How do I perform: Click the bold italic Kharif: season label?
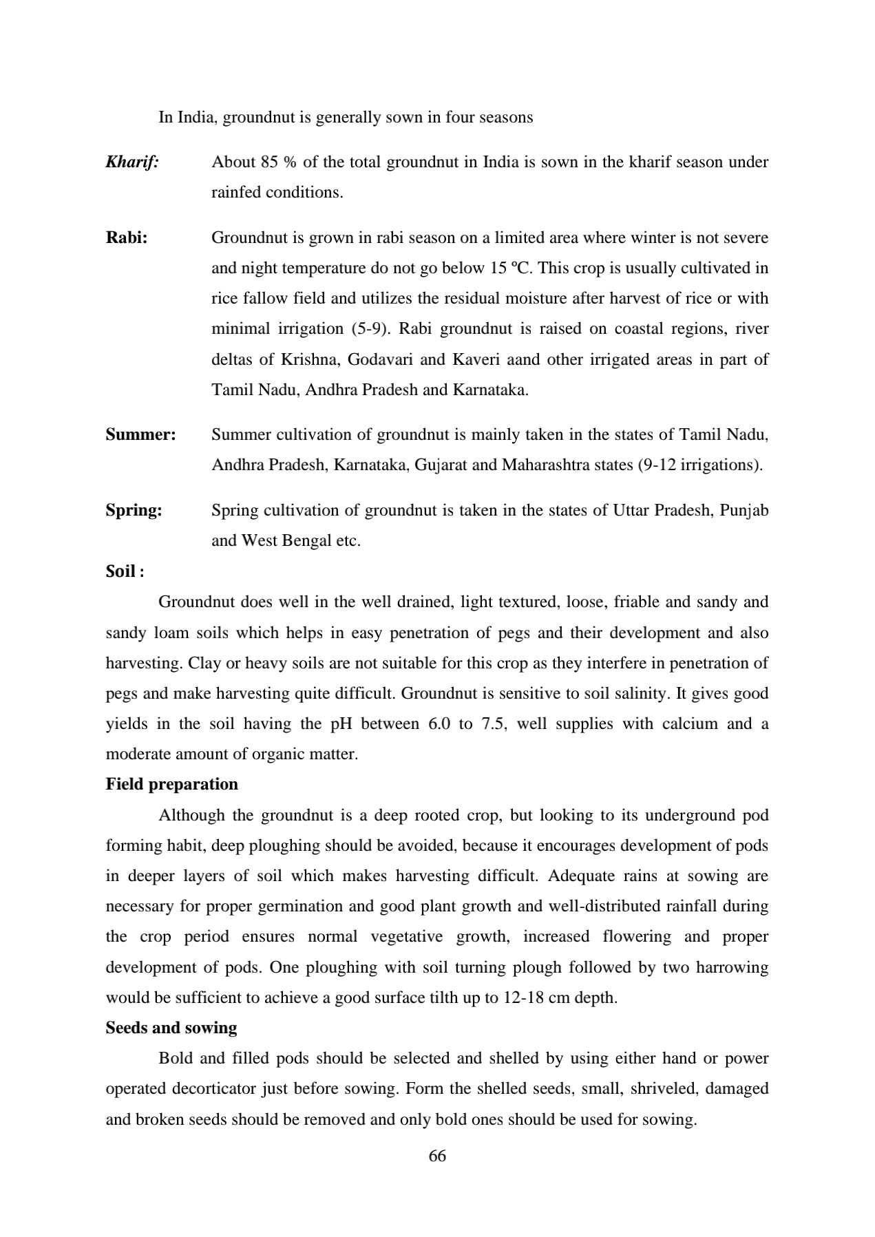(132, 162)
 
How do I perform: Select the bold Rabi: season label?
(126, 237)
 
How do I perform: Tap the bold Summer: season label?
(140, 434)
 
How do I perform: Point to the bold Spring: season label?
(134, 510)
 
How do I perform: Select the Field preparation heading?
(171, 784)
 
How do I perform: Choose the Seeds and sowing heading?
(171, 1028)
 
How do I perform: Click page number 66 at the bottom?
(437, 1156)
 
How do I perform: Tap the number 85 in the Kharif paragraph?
(269, 162)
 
